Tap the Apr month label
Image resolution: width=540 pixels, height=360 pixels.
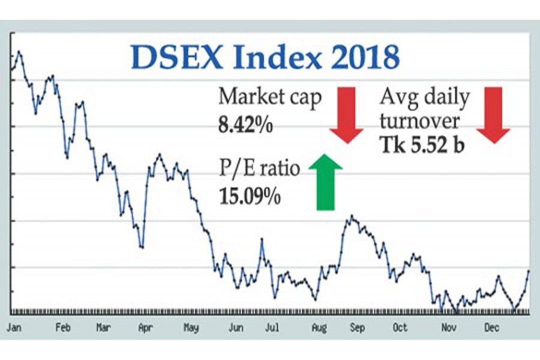pyautogui.click(x=145, y=328)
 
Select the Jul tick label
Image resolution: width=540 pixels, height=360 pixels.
pyautogui.click(x=272, y=328)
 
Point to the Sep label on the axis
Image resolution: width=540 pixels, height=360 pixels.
pyautogui.click(x=357, y=328)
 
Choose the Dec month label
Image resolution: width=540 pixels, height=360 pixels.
pyautogui.click(x=492, y=328)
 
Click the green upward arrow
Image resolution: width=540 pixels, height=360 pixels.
pyautogui.click(x=325, y=181)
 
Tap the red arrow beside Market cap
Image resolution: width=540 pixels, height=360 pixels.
pyautogui.click(x=346, y=115)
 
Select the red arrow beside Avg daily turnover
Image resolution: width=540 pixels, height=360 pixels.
pyautogui.click(x=493, y=115)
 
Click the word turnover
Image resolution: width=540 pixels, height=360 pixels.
pyautogui.click(x=421, y=121)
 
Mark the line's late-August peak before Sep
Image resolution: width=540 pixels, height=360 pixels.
pyautogui.click(x=352, y=216)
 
